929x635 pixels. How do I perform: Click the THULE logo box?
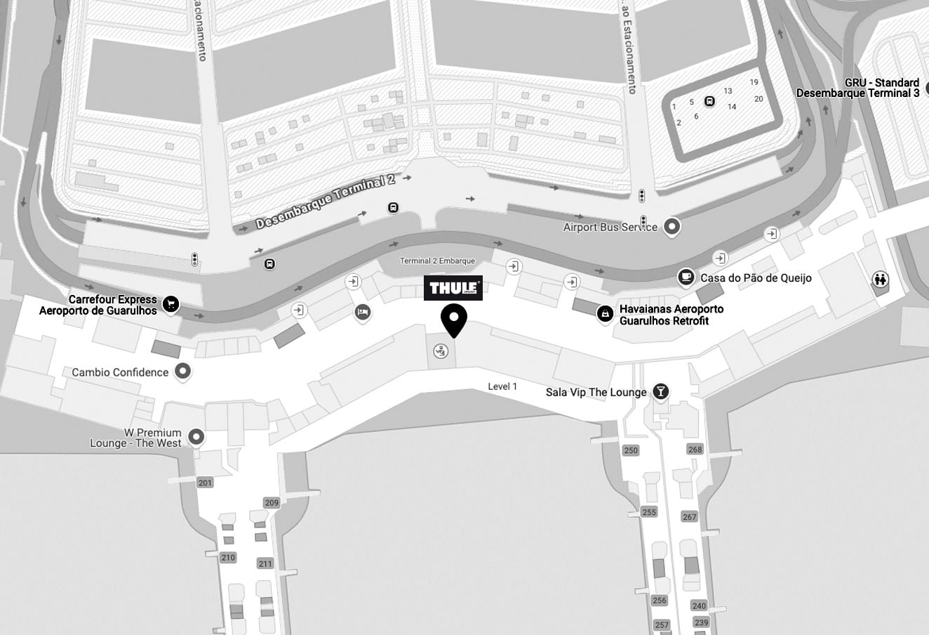[x=453, y=288]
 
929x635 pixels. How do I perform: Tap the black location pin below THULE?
[x=454, y=320]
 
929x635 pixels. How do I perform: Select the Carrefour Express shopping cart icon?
[x=171, y=304]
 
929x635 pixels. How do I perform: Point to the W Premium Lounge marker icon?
[x=196, y=437]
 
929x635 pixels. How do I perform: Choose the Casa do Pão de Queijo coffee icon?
[x=686, y=277]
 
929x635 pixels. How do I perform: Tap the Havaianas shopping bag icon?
[x=605, y=314]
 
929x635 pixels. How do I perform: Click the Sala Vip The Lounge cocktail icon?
[x=660, y=391]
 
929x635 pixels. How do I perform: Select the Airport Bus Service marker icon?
[x=672, y=226]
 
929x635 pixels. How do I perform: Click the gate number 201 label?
[x=205, y=483]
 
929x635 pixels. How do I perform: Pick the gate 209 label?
[x=272, y=502]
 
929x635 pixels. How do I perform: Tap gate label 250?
[x=631, y=450]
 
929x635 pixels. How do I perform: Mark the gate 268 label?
[x=695, y=450]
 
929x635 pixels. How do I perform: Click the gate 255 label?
[x=649, y=512]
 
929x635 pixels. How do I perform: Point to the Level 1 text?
[x=502, y=386]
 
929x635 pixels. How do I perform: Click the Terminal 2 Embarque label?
[x=437, y=261]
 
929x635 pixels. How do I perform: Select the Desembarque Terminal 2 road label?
[x=325, y=202]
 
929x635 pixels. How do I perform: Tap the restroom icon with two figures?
[x=880, y=280]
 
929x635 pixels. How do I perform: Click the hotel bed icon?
[x=362, y=312]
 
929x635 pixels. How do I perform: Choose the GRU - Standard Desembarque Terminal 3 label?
[x=857, y=88]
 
